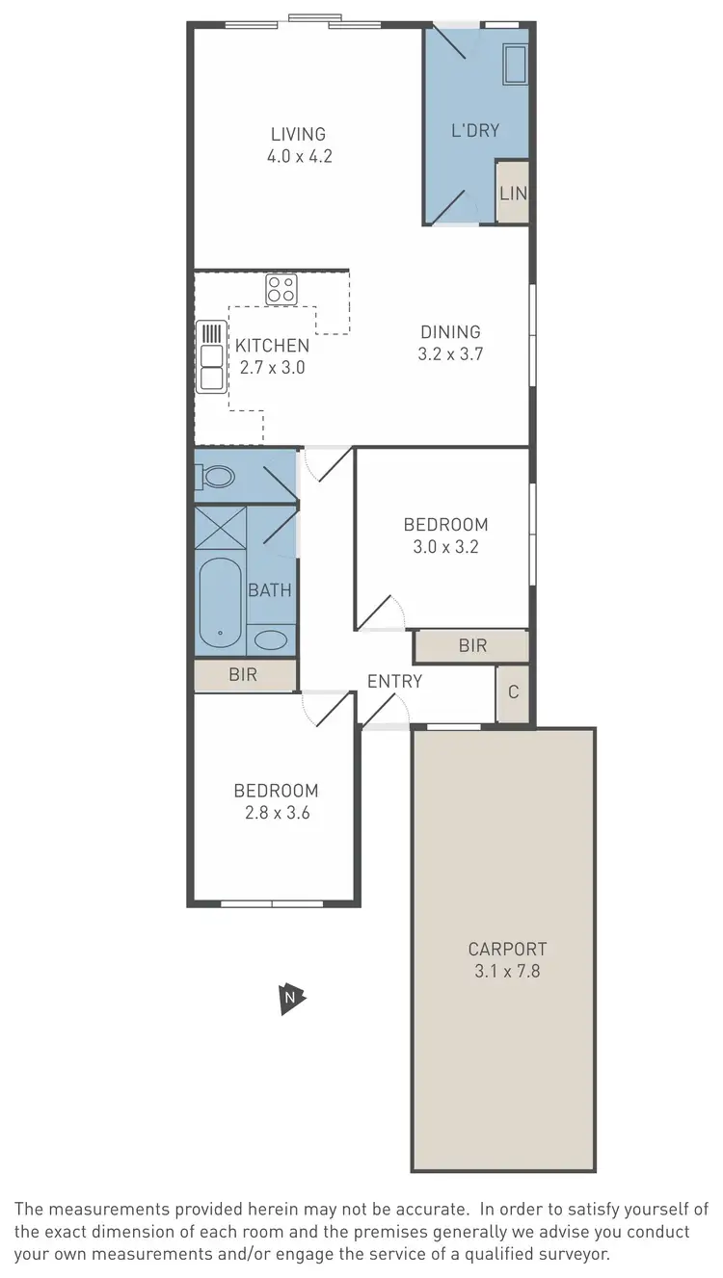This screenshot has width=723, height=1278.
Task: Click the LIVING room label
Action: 298,134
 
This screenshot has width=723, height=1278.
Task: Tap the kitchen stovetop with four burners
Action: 281,288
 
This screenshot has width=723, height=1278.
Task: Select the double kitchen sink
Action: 210,356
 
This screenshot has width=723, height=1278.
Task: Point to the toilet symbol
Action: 216,476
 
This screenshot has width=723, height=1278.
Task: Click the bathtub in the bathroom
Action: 220,603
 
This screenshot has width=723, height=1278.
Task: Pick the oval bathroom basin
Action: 271,640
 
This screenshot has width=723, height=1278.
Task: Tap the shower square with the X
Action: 221,529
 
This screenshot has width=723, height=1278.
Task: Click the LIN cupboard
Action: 512,193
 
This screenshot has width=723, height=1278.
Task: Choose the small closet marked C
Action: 513,691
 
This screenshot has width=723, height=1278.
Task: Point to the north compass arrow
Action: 290,999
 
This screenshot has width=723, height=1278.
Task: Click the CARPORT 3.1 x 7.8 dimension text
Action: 507,971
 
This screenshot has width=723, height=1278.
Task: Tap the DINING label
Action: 449,332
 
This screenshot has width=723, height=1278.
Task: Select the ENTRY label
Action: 394,682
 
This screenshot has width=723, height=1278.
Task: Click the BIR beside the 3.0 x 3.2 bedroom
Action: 472,645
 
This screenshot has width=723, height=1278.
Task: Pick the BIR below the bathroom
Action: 243,674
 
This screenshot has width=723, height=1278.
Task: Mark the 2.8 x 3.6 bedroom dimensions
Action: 276,812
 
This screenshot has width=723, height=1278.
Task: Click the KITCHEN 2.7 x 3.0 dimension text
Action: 272,366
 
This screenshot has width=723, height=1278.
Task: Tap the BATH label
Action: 270,590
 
